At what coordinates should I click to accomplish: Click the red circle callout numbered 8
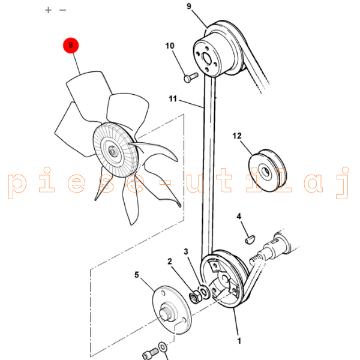click(x=71, y=45)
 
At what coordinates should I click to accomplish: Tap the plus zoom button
click(x=48, y=10)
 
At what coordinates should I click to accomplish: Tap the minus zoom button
click(x=62, y=10)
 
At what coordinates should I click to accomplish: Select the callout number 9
click(x=189, y=6)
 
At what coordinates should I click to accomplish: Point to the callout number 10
click(x=170, y=46)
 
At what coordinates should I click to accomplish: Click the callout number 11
click(x=173, y=99)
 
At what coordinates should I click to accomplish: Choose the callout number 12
click(x=237, y=136)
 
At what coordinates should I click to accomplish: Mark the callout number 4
click(x=239, y=216)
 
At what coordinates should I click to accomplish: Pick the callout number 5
click(x=137, y=275)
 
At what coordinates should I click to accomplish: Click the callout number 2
click(x=170, y=261)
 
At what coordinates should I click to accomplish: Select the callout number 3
click(x=186, y=251)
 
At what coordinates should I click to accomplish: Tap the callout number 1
click(x=239, y=341)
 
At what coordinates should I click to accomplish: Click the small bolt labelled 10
click(x=191, y=77)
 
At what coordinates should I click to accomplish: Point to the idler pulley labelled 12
click(x=267, y=170)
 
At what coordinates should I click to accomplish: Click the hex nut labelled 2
click(x=195, y=296)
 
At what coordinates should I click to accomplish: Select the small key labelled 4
click(x=250, y=240)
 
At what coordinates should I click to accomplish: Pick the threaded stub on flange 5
click(x=167, y=313)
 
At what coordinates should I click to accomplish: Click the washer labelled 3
click(x=203, y=292)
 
